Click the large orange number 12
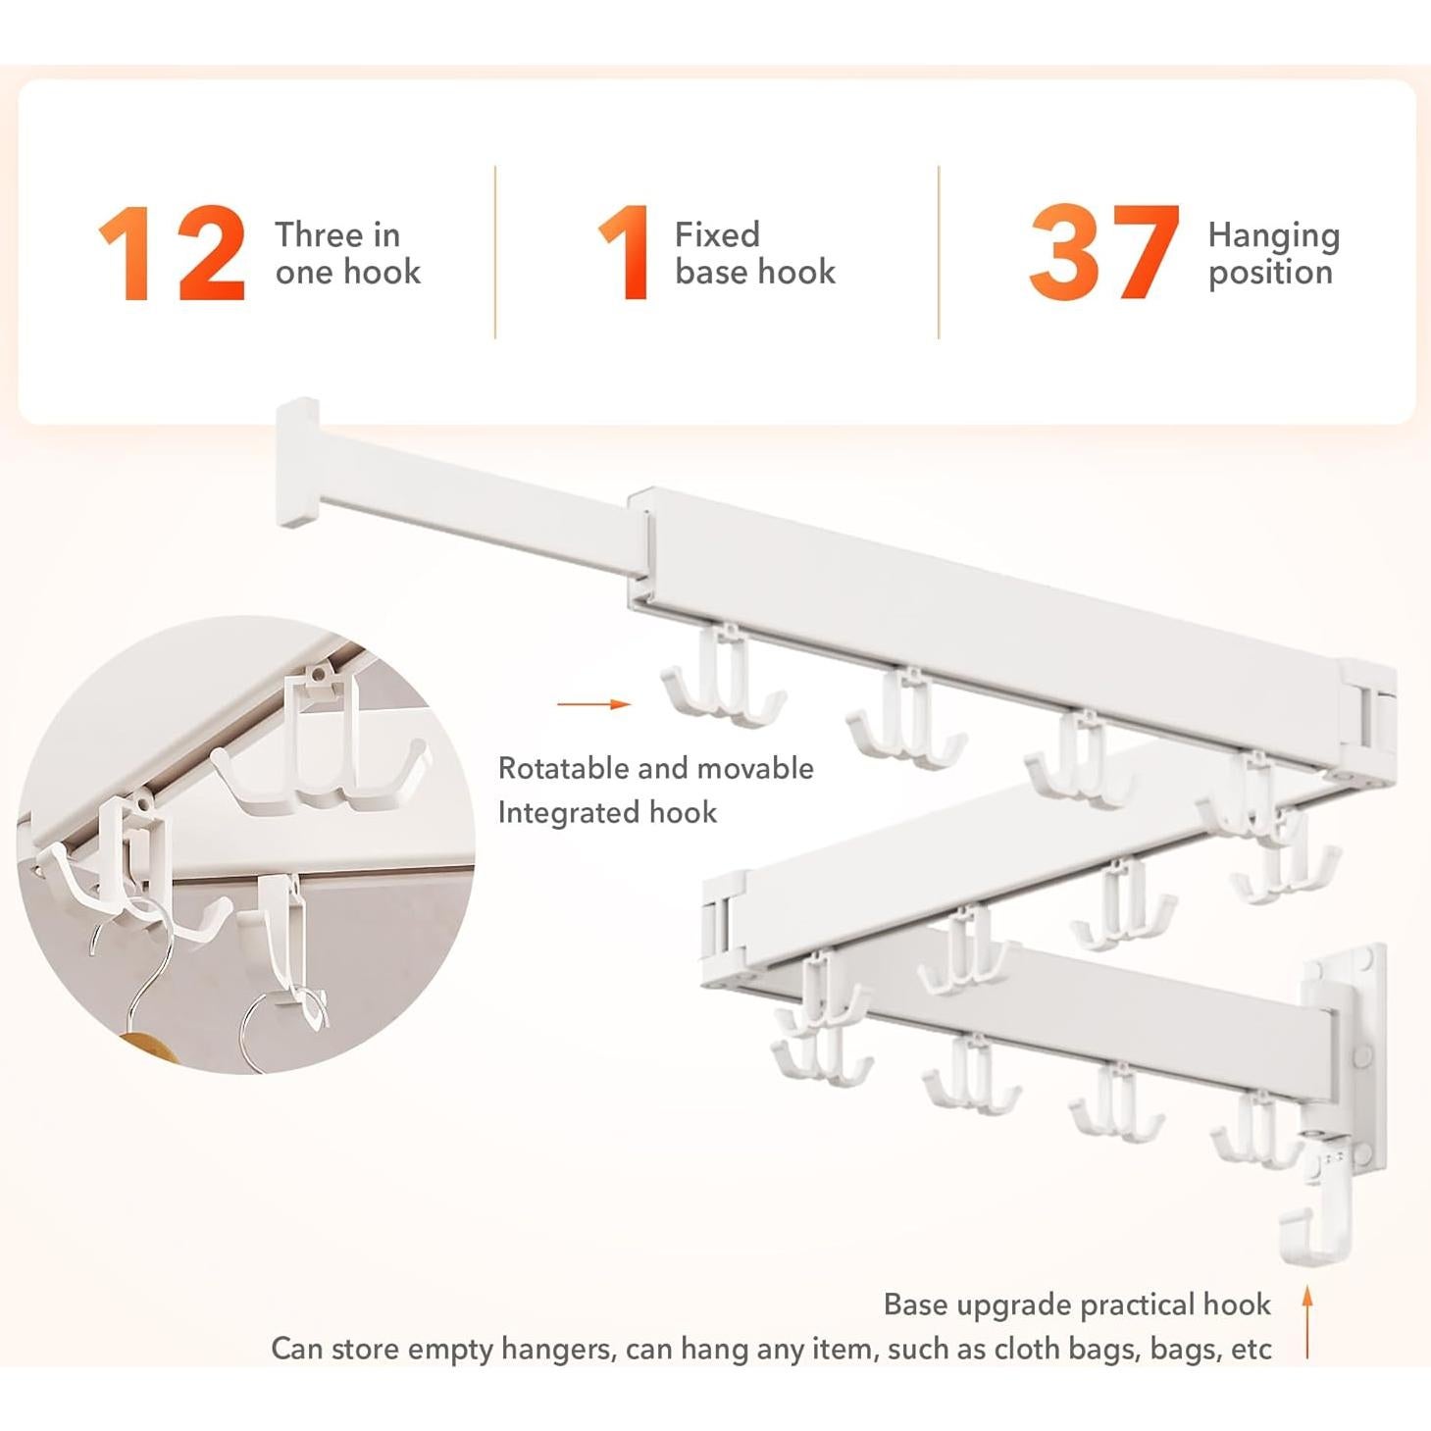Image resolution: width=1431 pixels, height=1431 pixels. tap(172, 253)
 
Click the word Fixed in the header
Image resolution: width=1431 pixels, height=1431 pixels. tap(717, 234)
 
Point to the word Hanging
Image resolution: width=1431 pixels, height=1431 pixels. tap(1273, 236)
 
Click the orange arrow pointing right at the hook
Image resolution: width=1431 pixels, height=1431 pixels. tap(592, 704)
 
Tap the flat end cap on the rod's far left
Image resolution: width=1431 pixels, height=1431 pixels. tap(297, 461)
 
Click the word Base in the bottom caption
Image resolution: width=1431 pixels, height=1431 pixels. tap(915, 1304)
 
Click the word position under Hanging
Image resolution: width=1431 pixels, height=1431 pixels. tap(1270, 273)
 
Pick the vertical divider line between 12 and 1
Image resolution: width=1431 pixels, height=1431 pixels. tap(495, 252)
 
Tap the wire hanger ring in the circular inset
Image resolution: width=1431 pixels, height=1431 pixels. tap(275, 1030)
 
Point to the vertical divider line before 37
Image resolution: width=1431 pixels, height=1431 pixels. tap(939, 252)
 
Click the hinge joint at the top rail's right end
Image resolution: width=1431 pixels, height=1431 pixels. tap(1369, 708)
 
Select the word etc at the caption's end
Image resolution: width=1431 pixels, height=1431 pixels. tap(1251, 1350)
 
